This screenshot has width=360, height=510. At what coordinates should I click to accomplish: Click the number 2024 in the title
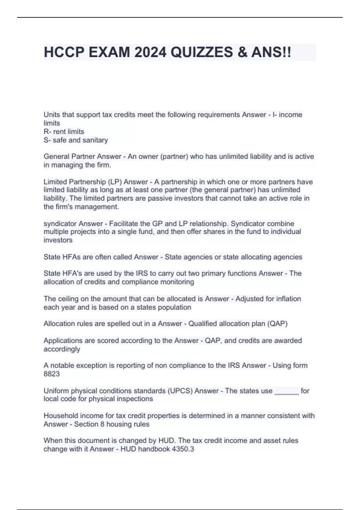click(x=150, y=52)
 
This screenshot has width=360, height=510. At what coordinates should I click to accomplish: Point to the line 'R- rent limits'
click(x=64, y=131)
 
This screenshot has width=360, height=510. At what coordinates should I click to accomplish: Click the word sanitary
click(x=95, y=140)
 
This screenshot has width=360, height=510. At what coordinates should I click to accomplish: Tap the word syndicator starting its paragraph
click(x=60, y=223)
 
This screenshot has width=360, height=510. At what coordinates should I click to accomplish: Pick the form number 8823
click(x=52, y=374)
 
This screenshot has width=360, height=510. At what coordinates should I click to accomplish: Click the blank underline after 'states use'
click(x=286, y=391)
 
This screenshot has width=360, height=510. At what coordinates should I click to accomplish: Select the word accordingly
click(x=62, y=349)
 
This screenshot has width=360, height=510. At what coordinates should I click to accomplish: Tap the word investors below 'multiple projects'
click(x=58, y=240)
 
